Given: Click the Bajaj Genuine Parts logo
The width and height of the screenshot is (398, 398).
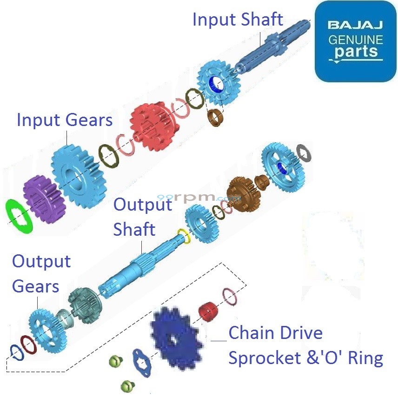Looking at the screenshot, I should [x=355, y=41].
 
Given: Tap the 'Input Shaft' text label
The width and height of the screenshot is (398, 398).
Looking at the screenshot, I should [x=237, y=20].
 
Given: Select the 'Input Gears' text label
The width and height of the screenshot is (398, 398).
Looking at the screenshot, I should [x=65, y=120].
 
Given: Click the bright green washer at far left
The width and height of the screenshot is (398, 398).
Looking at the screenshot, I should [x=20, y=216].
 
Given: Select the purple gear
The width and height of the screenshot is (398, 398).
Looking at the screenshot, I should [x=40, y=199].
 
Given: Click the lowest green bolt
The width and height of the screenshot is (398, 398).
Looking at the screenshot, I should [x=127, y=385].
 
